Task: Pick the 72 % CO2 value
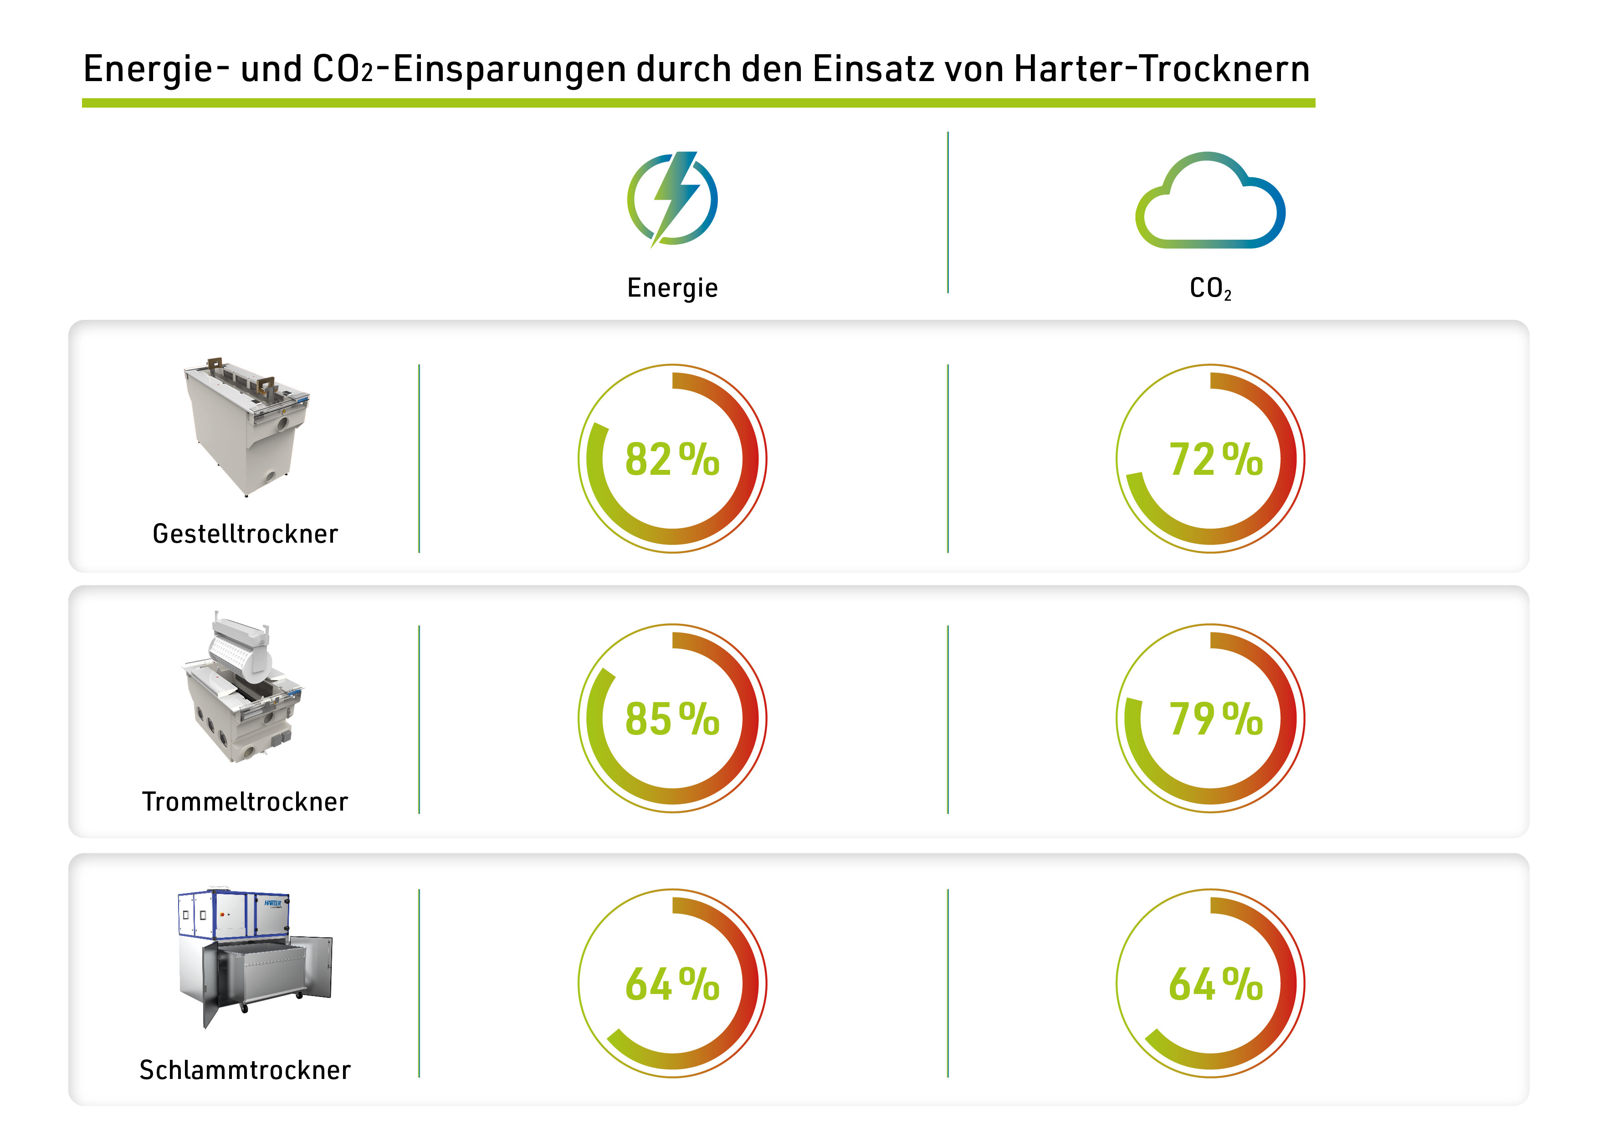point(1215,460)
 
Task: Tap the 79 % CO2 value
point(1215,719)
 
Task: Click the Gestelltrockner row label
point(245,534)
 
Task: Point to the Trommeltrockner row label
point(245,801)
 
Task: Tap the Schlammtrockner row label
point(245,1069)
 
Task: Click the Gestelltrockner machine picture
point(246,426)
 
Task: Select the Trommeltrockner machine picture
point(243,687)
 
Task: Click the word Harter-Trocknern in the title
point(1162,69)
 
